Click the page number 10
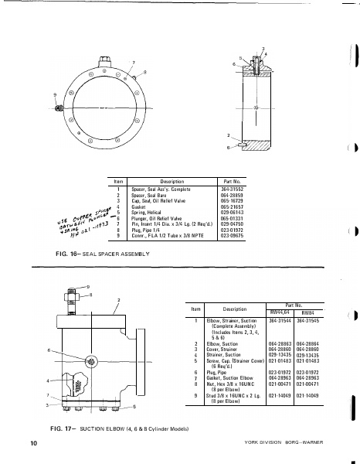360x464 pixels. (x=34, y=443)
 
